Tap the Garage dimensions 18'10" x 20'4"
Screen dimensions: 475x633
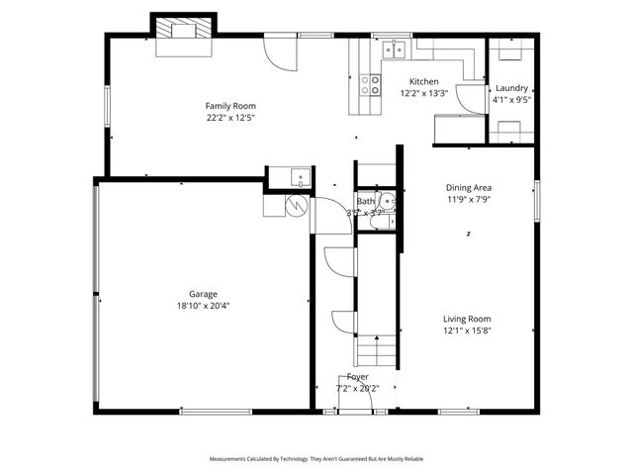[204, 306]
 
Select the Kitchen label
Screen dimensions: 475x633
[424, 81]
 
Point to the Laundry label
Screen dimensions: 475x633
[511, 88]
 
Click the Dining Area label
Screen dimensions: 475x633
[468, 187]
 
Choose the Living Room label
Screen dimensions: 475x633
[467, 319]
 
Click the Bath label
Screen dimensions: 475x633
[366, 202]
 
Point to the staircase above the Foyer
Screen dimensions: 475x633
[378, 350]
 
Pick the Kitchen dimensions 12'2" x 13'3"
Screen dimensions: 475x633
[424, 94]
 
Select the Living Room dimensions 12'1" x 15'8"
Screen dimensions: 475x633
[467, 332]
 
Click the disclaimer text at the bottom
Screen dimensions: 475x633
[316, 459]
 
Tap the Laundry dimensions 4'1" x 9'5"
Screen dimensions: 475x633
[511, 99]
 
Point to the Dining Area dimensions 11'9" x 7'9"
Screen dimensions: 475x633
[468, 199]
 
